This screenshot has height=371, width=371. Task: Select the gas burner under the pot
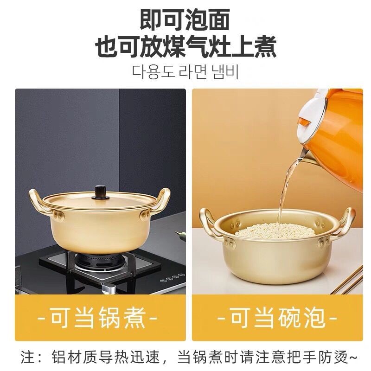pyautogui.click(x=100, y=262)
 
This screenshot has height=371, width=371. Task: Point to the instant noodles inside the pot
pyautogui.click(x=275, y=230)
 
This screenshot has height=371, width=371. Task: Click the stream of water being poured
pyautogui.click(x=288, y=187)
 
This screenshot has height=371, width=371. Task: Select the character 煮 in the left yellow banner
pyautogui.click(x=133, y=317)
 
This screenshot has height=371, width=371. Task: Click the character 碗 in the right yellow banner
pyautogui.click(x=289, y=317)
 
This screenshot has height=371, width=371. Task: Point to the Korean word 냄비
pyautogui.click(x=225, y=71)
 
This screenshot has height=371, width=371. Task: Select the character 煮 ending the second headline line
pyautogui.click(x=264, y=47)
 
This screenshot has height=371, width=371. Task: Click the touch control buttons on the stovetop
pyautogui.click(x=172, y=278)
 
